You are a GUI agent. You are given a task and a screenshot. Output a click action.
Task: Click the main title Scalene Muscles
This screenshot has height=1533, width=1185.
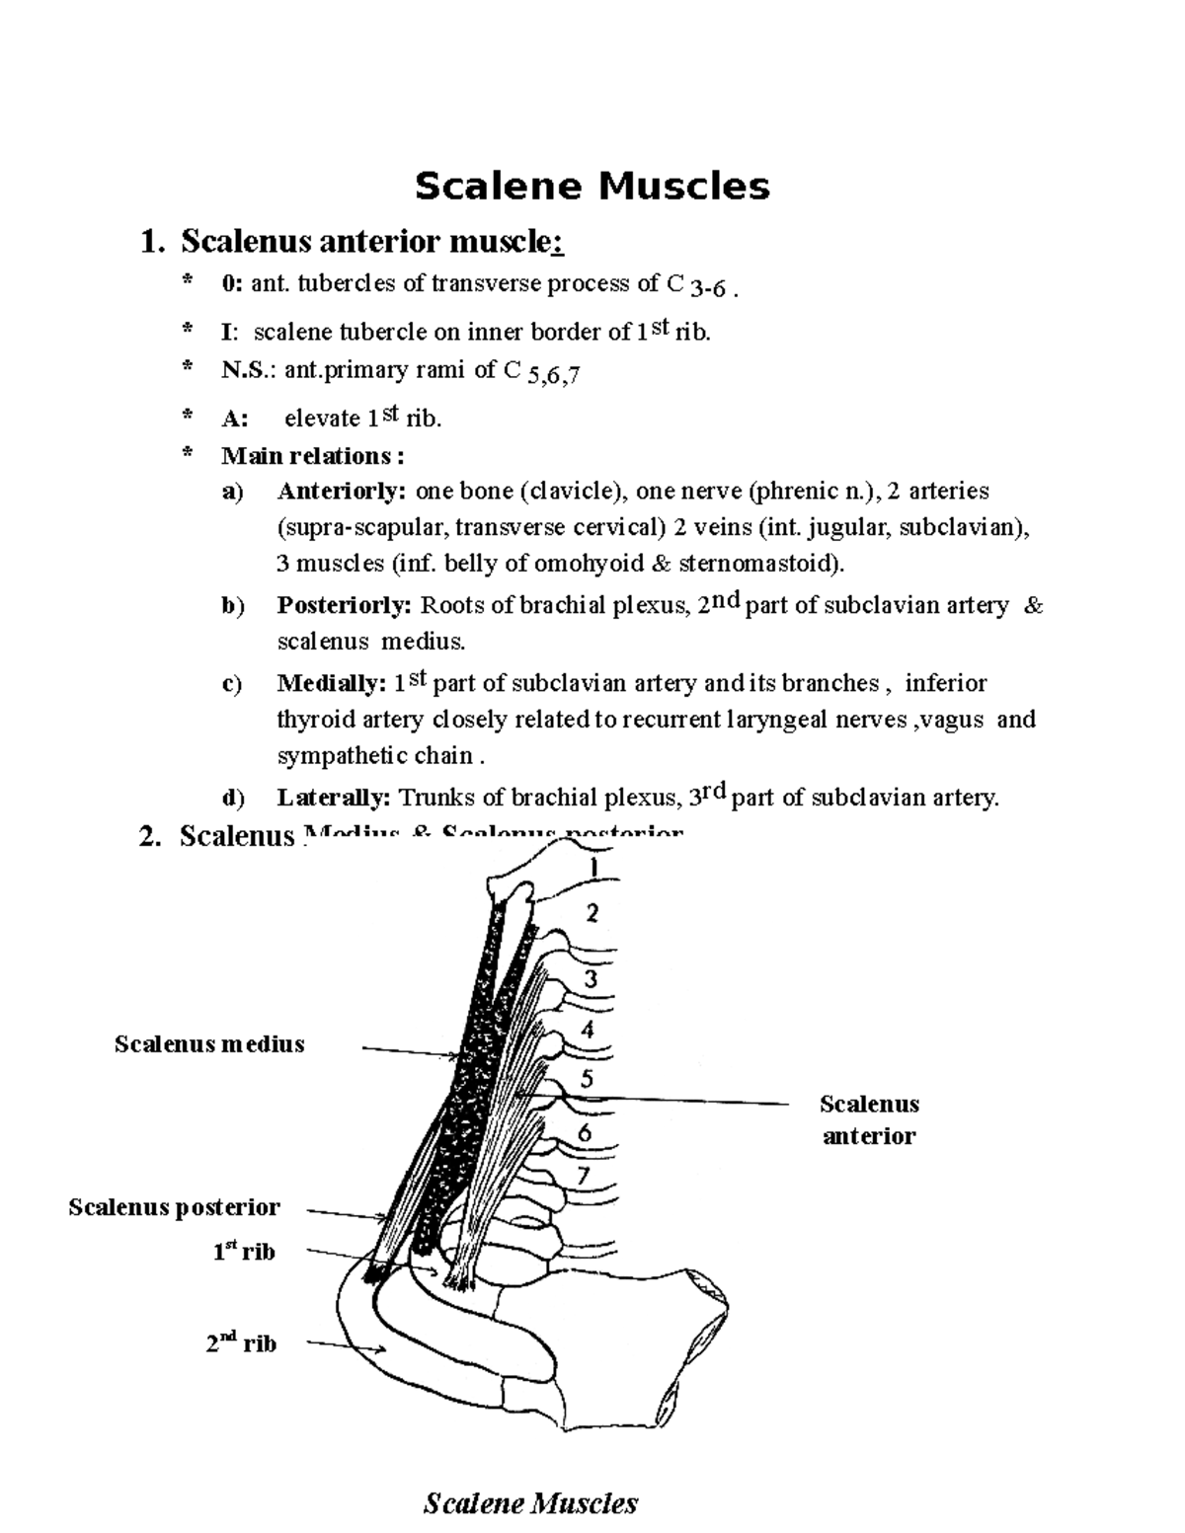[x=592, y=186]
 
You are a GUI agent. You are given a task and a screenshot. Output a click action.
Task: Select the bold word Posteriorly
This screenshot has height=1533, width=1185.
[x=345, y=605]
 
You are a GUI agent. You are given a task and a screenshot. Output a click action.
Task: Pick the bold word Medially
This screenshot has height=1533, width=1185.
[x=332, y=683]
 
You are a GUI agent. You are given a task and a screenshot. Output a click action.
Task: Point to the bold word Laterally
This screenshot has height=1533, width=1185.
[x=334, y=798]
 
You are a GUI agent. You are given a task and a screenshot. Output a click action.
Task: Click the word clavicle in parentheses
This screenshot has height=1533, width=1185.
[x=574, y=491]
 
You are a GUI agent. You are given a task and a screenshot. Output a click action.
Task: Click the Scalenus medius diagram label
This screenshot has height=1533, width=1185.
[x=209, y=1043]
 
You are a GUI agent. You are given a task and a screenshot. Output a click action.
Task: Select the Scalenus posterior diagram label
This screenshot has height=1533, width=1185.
[x=174, y=1206]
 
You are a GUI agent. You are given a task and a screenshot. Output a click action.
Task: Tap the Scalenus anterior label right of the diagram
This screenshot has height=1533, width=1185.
[x=869, y=1119]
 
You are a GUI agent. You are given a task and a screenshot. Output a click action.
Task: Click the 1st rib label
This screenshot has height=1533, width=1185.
[x=244, y=1252]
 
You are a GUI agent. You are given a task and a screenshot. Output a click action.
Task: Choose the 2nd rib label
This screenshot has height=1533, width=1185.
[x=242, y=1342]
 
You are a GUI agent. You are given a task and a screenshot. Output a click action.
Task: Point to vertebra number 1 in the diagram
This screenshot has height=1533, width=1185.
[x=594, y=867]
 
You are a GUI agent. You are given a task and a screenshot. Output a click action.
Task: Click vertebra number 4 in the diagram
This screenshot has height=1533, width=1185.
[x=589, y=1030]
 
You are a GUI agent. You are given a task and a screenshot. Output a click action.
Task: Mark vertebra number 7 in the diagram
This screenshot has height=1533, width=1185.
[x=583, y=1176]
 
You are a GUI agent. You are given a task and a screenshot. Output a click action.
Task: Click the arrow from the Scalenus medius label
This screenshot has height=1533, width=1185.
[x=410, y=1052]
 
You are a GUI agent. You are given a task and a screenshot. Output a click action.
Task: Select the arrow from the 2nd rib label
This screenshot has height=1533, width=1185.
[x=346, y=1345]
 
